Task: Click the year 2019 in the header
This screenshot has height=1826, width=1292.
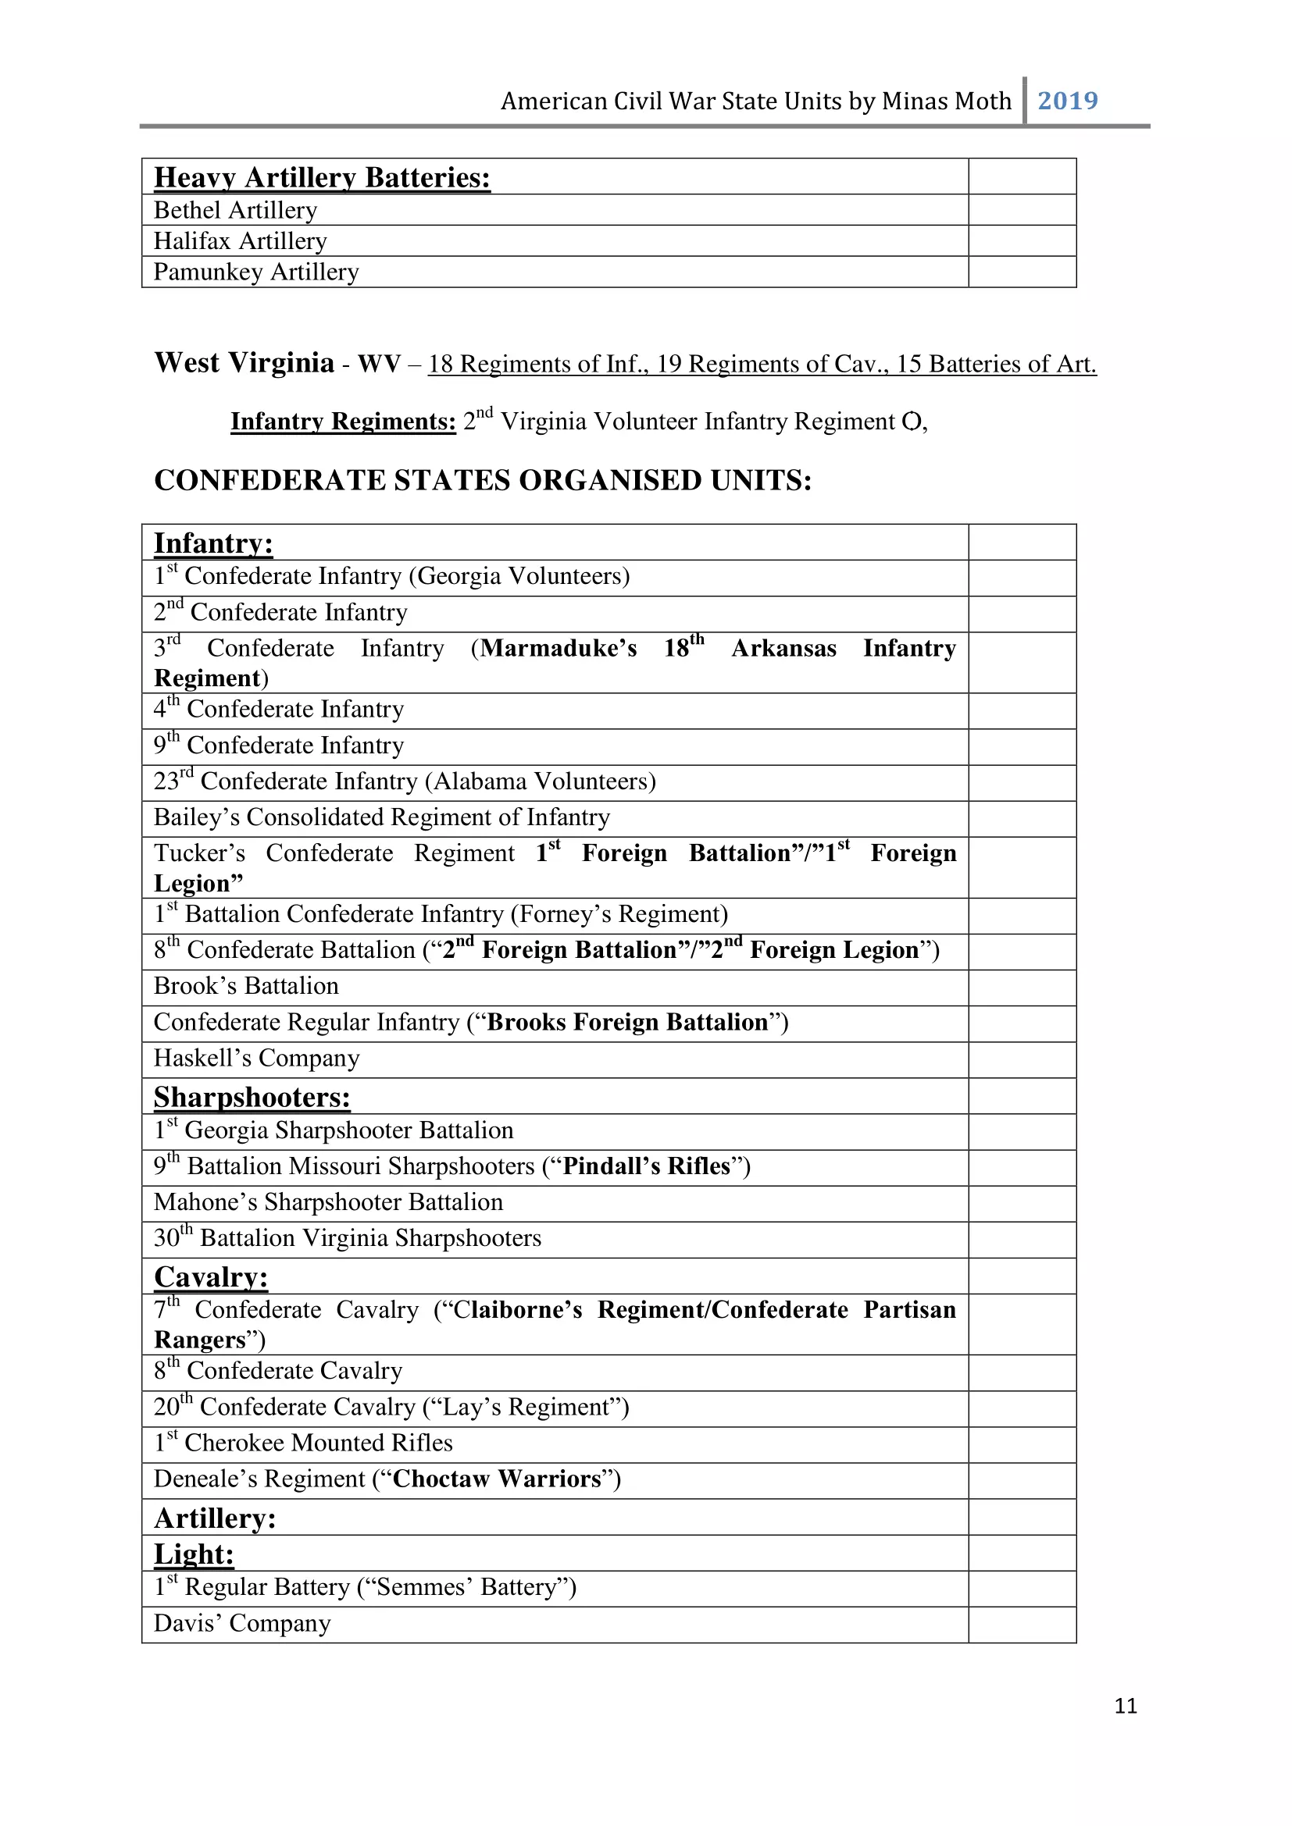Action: (1068, 101)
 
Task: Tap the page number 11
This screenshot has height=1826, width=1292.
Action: (1126, 1705)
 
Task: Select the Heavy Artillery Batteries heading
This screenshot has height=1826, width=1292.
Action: (322, 177)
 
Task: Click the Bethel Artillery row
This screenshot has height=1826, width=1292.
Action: (235, 210)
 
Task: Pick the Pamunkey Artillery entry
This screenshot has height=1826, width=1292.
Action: (256, 272)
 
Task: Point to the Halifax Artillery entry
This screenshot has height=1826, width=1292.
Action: (241, 241)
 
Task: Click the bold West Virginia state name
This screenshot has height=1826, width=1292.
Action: (244, 363)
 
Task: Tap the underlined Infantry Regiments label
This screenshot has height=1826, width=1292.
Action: (343, 421)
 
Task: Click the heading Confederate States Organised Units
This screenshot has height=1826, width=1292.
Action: (483, 480)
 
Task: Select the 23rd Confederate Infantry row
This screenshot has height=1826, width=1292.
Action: (405, 781)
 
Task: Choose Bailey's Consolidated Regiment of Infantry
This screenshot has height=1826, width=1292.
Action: (382, 817)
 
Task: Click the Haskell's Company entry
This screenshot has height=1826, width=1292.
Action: (257, 1059)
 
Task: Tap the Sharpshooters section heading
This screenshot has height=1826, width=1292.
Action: (252, 1098)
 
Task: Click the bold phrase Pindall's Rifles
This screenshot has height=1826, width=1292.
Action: (646, 1166)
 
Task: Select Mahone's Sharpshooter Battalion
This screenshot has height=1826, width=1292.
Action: (329, 1202)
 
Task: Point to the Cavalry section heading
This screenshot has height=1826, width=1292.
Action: (211, 1277)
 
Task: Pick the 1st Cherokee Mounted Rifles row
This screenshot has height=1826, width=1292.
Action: (303, 1443)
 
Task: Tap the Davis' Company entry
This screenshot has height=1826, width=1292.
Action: (242, 1623)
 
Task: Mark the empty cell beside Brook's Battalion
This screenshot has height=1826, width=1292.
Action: (1023, 987)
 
